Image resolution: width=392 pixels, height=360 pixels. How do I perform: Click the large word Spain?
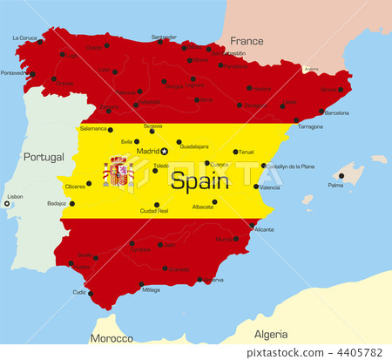[x=199, y=181]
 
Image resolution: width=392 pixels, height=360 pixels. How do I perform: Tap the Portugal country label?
[x=44, y=157]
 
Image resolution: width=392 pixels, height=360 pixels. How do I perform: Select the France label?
[x=247, y=40]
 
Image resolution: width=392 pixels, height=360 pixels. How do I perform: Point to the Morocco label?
[x=112, y=338]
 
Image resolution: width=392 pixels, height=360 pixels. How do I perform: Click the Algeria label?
[x=270, y=334]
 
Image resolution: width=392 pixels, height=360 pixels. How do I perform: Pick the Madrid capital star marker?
[x=164, y=151]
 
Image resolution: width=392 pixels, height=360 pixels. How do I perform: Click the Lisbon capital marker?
[x=7, y=204]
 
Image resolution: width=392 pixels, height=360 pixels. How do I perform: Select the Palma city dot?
[x=341, y=176]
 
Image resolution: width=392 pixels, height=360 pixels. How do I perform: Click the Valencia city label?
[x=270, y=187]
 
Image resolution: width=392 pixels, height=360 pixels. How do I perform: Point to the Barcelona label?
[x=336, y=112]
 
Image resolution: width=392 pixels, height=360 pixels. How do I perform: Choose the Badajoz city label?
[x=57, y=203]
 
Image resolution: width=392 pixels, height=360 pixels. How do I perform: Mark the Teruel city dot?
[x=235, y=152]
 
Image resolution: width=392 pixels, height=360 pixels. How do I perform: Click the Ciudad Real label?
[x=154, y=211]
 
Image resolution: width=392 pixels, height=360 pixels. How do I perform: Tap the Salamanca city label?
[x=93, y=128]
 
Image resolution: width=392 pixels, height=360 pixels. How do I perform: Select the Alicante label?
[x=264, y=229]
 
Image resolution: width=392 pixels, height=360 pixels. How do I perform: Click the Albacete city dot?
[x=214, y=201]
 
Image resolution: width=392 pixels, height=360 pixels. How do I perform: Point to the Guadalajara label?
[x=194, y=147]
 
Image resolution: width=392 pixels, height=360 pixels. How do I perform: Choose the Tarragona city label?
[x=310, y=126]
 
